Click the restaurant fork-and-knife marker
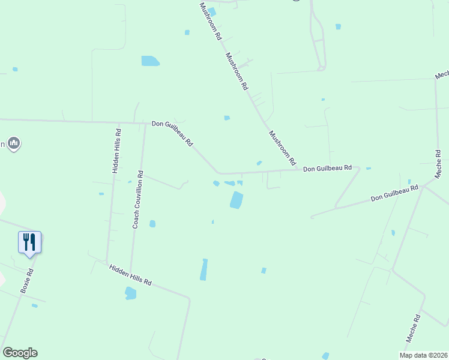(29, 242)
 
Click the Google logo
(20, 353)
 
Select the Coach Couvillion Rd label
(137, 200)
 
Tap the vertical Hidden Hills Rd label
(117, 150)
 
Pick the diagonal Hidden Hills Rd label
(130, 274)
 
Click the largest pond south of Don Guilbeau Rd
(237, 200)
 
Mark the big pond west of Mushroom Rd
(150, 61)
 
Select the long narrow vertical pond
(204, 269)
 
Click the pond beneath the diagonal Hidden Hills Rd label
(130, 293)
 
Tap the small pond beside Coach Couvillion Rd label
(152, 224)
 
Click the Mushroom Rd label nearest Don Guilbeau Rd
(282, 148)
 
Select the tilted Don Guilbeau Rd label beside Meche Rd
(394, 193)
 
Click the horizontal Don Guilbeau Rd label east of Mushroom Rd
(327, 169)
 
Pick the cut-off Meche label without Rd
(442, 74)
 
